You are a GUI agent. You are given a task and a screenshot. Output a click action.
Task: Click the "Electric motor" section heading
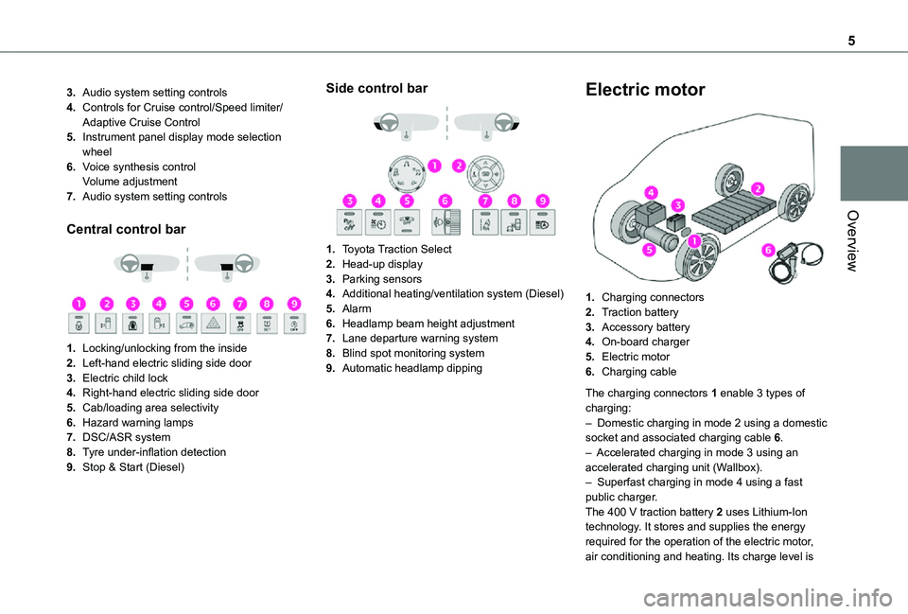click(645, 91)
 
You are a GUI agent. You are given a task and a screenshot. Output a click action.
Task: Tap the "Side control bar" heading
click(376, 88)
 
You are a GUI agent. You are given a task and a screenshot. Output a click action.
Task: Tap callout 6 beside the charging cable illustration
click(768, 250)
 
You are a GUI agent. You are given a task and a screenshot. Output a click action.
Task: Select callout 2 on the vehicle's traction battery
click(759, 188)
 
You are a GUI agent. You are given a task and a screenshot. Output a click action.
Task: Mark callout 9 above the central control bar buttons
click(295, 304)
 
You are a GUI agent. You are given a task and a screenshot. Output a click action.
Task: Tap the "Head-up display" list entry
click(382, 265)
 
